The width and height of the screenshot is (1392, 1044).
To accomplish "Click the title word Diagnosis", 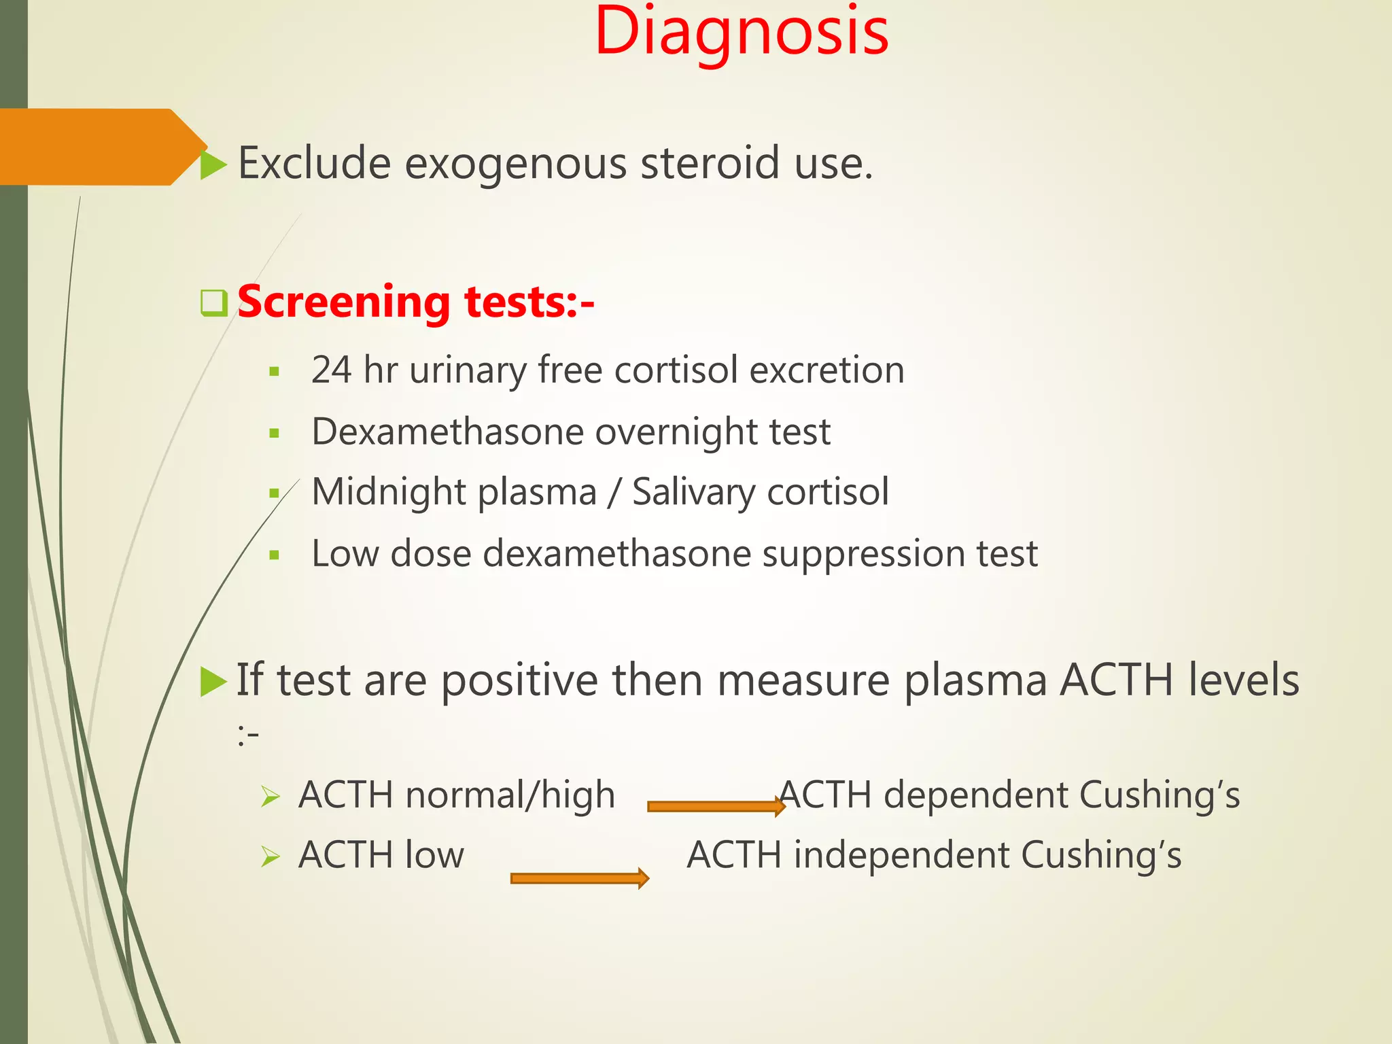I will [x=741, y=33].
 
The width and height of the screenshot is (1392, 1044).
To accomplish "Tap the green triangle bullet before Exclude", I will [x=213, y=165].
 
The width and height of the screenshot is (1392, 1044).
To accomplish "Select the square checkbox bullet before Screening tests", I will [x=214, y=303].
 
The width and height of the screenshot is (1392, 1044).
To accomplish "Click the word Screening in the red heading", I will [x=344, y=302].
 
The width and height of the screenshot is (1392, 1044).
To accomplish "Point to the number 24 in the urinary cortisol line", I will [x=331, y=370].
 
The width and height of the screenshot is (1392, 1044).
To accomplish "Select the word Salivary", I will [x=693, y=492].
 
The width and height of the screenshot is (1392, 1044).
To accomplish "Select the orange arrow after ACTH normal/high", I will [x=716, y=807].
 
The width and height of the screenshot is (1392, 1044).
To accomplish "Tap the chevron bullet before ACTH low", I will [x=271, y=857].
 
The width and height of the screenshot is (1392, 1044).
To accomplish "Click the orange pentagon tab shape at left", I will [x=95, y=147].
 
